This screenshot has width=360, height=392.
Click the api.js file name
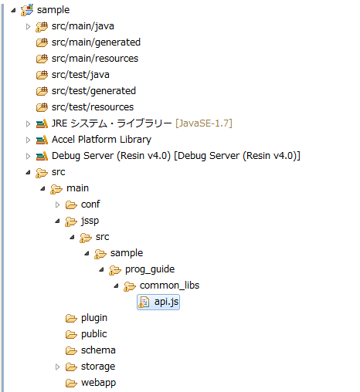click(166, 302)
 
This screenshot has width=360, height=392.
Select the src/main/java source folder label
click(83, 26)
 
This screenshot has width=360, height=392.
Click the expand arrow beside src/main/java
click(28, 26)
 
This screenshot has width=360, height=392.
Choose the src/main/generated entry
click(96, 42)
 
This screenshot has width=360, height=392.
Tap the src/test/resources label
click(93, 107)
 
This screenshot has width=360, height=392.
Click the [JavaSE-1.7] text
click(204, 123)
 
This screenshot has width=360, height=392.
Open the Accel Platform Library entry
click(101, 140)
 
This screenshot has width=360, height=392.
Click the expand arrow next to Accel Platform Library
click(28, 140)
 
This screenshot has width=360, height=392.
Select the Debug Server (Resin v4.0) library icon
click(42, 156)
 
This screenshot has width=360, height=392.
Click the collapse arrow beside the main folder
click(42, 189)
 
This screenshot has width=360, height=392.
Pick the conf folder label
click(90, 204)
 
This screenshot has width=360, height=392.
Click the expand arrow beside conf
click(57, 204)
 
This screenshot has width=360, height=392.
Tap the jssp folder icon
click(71, 221)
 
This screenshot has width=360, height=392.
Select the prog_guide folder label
click(150, 269)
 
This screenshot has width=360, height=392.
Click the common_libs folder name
click(169, 286)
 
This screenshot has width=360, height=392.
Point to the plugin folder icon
click(71, 319)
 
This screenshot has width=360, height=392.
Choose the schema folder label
click(98, 350)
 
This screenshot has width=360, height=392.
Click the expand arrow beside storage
click(57, 367)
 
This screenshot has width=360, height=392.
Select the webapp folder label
click(98, 383)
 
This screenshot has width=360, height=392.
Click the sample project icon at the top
click(27, 10)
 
